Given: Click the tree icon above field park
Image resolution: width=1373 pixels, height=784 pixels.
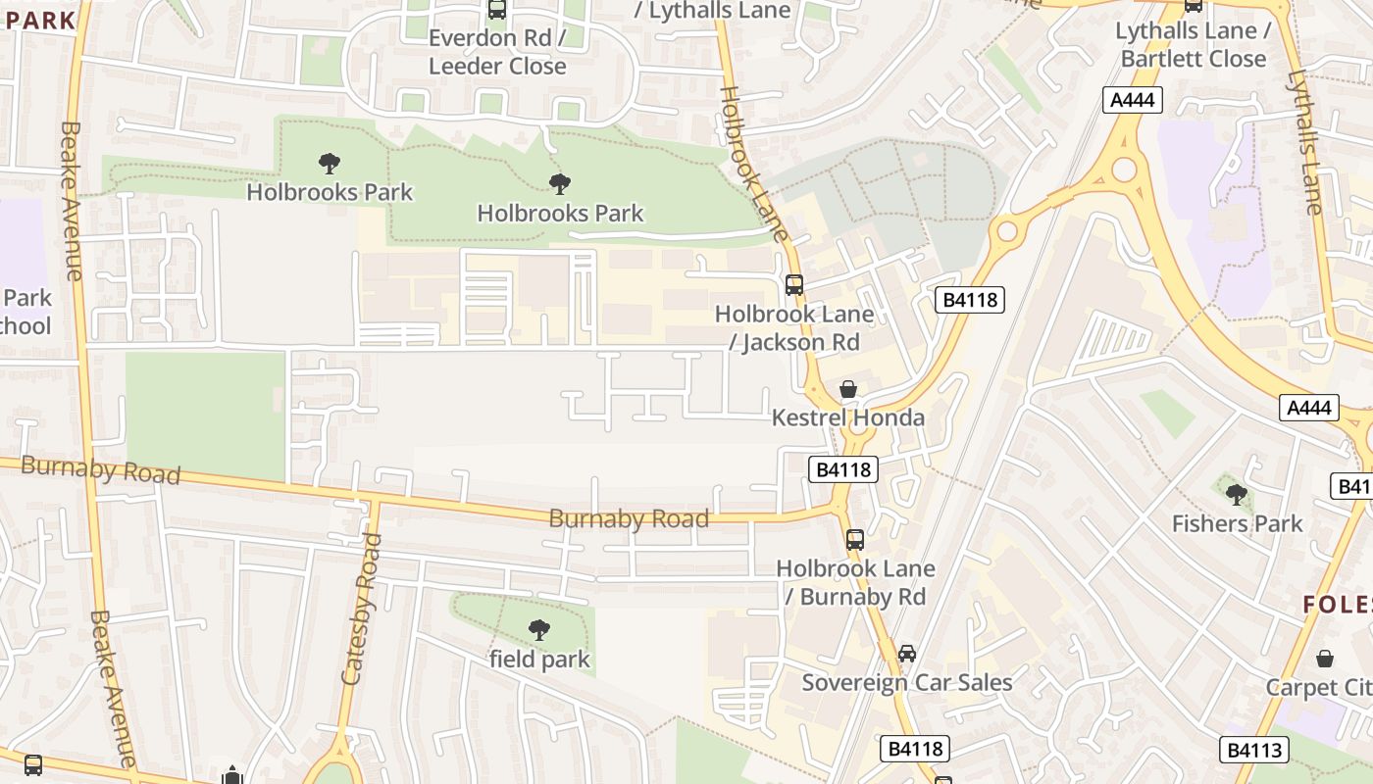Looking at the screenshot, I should tap(538, 629).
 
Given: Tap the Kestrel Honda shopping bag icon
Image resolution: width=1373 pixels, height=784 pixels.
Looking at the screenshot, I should tap(848, 389).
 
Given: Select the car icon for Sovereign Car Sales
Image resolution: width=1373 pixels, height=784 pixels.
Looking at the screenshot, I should tap(907, 653).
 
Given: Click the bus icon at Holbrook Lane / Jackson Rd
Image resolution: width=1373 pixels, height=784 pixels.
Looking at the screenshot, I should tap(794, 285).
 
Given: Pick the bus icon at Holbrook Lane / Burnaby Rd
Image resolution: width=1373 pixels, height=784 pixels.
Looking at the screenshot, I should tap(855, 539).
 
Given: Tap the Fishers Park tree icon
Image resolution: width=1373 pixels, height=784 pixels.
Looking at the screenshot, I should tap(1237, 494).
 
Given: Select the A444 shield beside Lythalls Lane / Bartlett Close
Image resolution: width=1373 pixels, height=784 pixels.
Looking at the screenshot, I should tap(1133, 99).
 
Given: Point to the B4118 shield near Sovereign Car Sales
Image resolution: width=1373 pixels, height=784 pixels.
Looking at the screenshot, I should tap(915, 749).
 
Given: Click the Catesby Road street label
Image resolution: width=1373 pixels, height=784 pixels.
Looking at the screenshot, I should tap(360, 609).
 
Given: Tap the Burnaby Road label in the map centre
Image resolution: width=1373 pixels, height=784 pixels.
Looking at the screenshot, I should tap(629, 518).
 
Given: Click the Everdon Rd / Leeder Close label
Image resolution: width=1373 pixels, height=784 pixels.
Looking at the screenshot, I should tap(497, 52).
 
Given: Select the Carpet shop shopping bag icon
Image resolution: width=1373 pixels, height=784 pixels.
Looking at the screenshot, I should tap(1325, 658).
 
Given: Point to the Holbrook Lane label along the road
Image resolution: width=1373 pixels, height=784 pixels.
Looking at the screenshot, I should tap(753, 163).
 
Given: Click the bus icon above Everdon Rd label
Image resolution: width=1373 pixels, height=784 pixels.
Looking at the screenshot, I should tap(497, 10).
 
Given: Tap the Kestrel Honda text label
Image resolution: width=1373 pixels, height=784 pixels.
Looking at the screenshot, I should tap(848, 417).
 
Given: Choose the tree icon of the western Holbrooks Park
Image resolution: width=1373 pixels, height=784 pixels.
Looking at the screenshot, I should tap(330, 163).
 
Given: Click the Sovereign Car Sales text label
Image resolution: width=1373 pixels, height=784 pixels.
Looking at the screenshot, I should tap(907, 682).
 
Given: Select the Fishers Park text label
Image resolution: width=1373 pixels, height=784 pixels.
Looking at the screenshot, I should tap(1237, 523).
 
